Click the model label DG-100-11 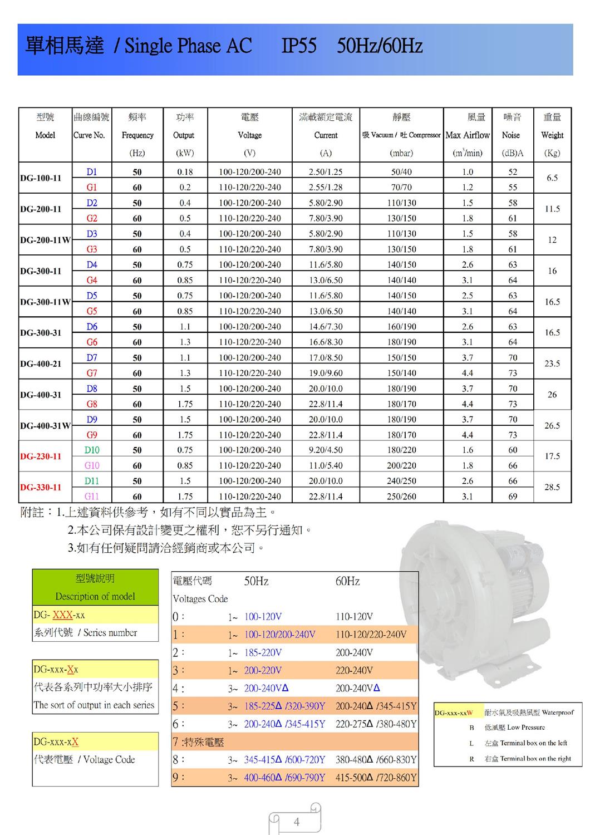point(41,178)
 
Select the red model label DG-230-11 point(41,456)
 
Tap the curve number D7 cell point(92,357)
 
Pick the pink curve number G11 point(92,496)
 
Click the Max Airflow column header point(468,135)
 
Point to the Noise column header point(511,135)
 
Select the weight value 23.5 point(552,364)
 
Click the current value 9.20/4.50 point(326,450)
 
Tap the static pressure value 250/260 point(401,496)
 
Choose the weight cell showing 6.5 point(552,178)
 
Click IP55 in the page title point(299,46)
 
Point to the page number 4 point(296,822)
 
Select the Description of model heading point(95,596)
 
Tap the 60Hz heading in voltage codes point(347,581)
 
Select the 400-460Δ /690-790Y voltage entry point(284,777)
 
